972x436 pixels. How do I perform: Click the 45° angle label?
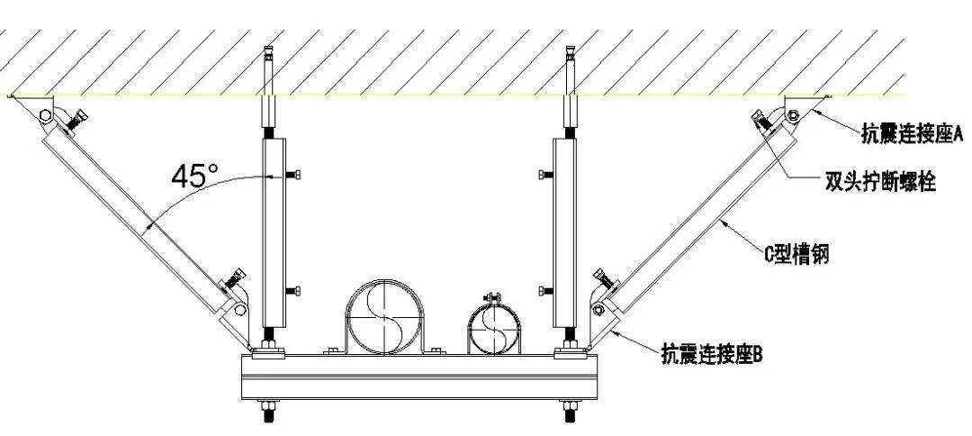coord(191,175)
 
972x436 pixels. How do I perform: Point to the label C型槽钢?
coord(796,256)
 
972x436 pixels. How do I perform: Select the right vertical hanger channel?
coord(563,235)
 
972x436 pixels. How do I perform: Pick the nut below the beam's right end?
coord(570,414)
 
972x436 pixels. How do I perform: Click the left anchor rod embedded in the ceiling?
coord(268,68)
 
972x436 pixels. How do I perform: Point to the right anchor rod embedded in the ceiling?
coord(570,68)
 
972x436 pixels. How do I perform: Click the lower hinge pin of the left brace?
coord(239,308)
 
